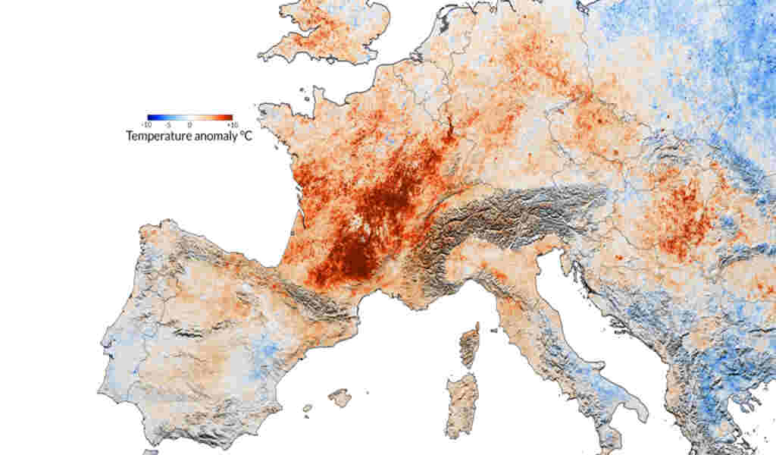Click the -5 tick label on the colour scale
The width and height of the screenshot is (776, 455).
[169, 124]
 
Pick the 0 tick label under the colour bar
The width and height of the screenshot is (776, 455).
[189, 124]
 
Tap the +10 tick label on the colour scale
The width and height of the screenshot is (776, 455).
[232, 124]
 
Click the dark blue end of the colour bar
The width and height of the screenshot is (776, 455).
[151, 117]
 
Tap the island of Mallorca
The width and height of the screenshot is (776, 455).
[339, 397]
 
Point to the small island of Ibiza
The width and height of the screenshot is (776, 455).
[307, 409]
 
